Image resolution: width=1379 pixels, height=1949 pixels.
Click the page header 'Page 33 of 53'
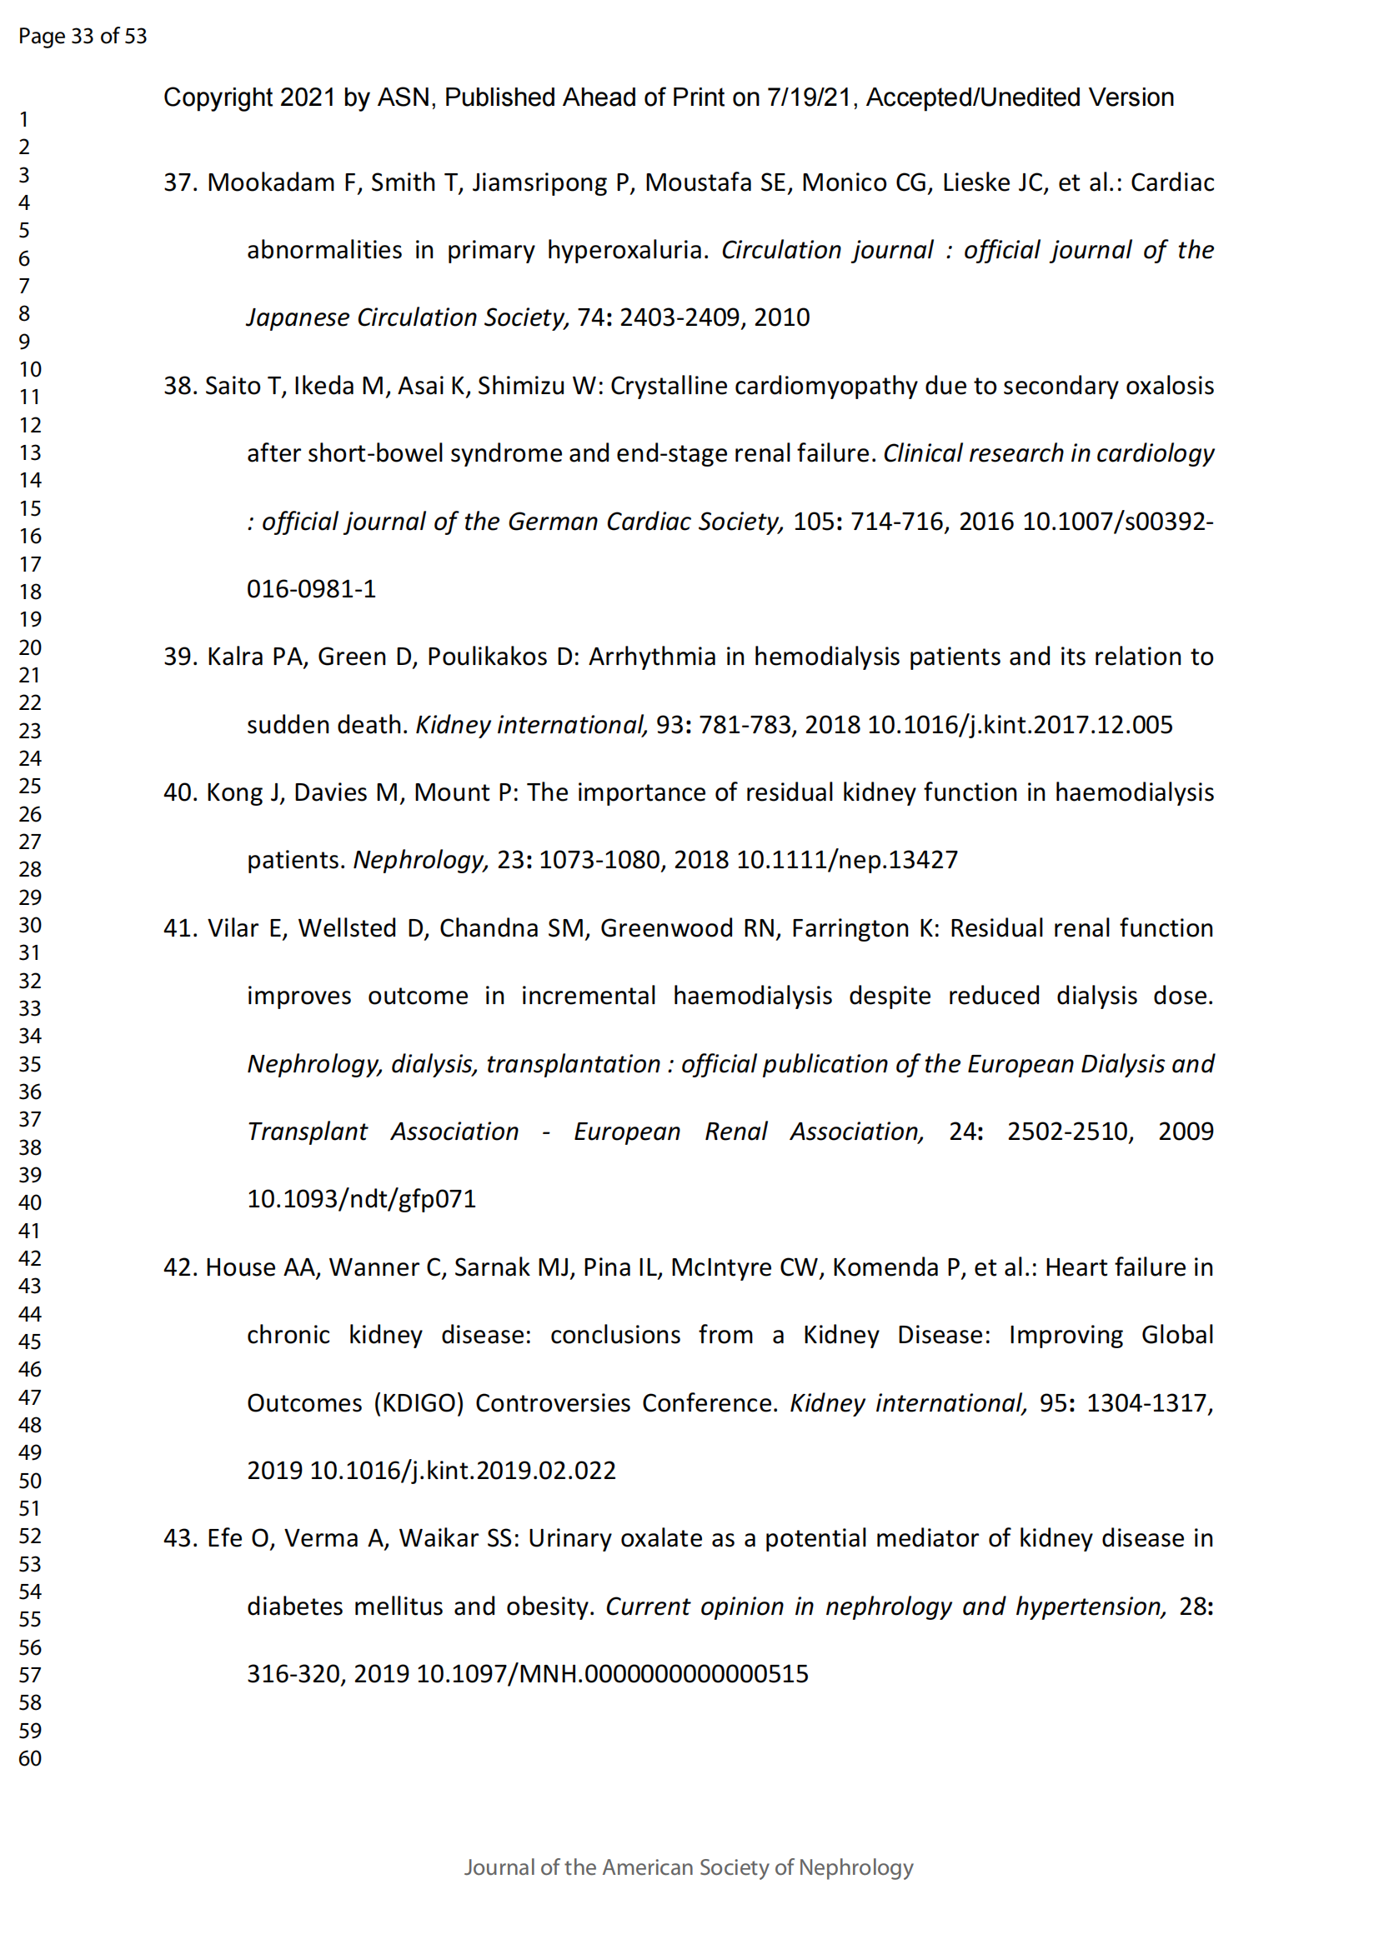tap(83, 36)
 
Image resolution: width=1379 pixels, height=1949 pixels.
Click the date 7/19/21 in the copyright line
tap(810, 97)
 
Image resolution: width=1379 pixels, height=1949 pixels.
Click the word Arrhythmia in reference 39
tap(652, 657)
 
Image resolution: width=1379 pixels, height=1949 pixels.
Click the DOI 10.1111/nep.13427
tap(846, 860)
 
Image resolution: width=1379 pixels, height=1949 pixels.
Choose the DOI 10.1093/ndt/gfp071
tap(362, 1198)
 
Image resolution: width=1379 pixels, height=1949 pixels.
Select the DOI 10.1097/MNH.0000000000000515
tap(612, 1673)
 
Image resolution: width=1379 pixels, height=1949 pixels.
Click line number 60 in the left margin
tap(30, 1758)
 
